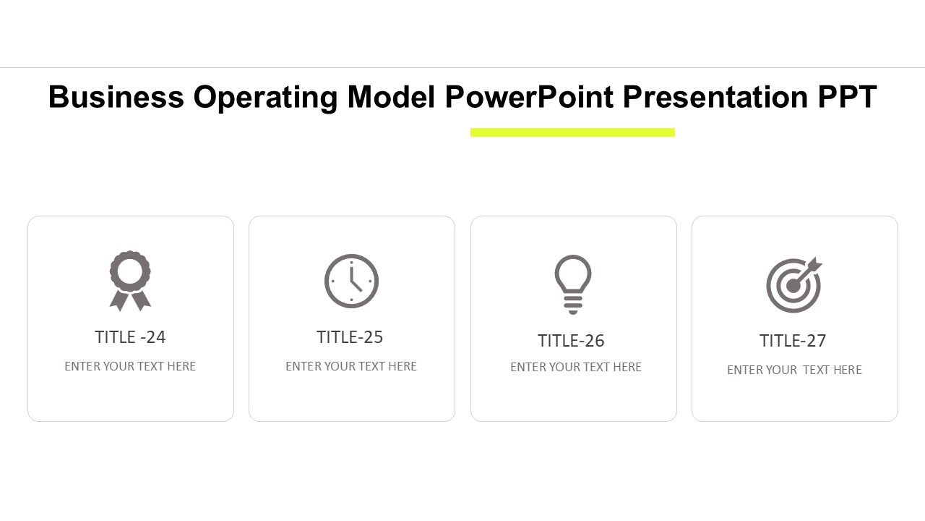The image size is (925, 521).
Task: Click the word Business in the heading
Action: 116,97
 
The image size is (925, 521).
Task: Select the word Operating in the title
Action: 265,97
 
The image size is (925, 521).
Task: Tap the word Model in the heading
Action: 391,97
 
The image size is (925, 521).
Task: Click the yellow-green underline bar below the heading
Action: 572,132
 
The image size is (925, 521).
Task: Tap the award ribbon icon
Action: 130,281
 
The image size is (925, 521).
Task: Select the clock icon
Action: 351,281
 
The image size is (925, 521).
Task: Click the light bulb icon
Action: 573,284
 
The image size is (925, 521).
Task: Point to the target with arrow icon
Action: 793,285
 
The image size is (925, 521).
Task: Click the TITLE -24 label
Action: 130,337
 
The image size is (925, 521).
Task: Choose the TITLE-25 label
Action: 350,337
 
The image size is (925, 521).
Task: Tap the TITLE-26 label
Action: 571,341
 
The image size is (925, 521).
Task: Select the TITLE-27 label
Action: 793,341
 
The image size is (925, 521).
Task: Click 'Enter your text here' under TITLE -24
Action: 130,366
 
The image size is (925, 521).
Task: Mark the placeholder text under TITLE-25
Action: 351,366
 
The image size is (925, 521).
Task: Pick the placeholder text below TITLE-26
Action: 576,367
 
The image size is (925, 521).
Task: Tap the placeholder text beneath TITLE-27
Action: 794,370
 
